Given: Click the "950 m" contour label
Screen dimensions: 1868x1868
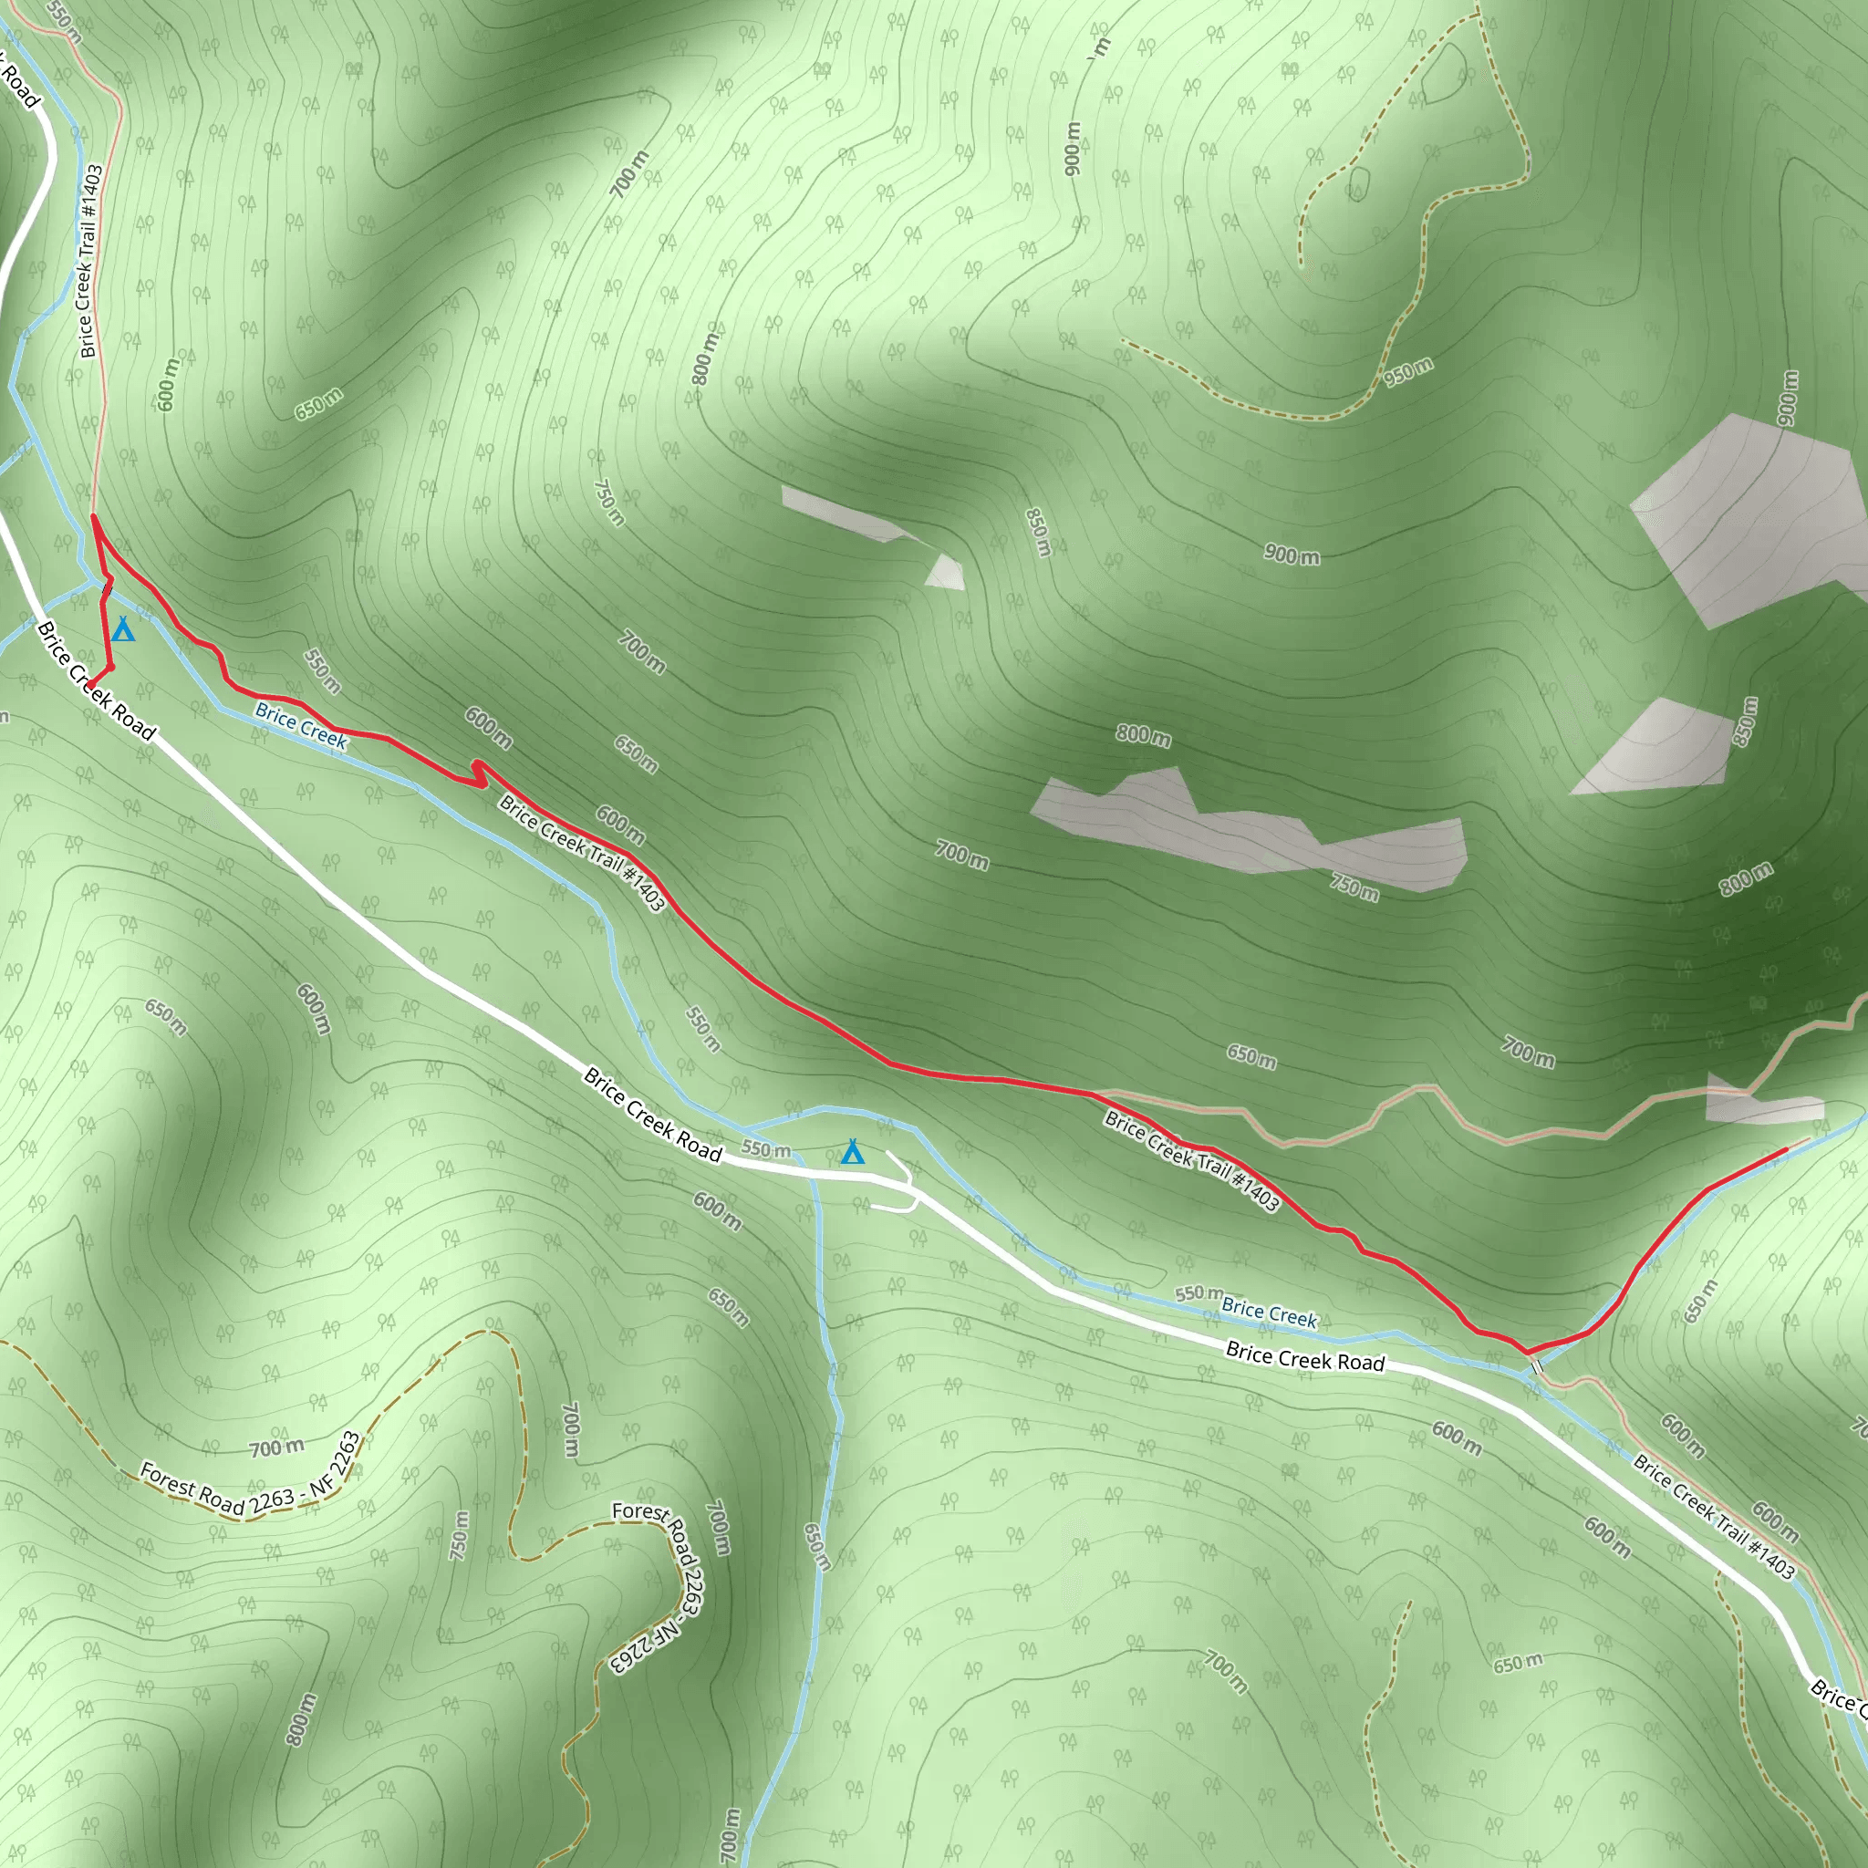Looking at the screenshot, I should pyautogui.click(x=1407, y=371).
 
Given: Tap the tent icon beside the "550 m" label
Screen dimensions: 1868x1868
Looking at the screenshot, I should pyautogui.click(x=852, y=1153).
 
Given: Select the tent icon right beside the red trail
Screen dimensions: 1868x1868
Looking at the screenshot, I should pyautogui.click(x=123, y=630).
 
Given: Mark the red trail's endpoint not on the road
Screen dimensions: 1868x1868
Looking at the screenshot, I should pyautogui.click(x=1785, y=1149).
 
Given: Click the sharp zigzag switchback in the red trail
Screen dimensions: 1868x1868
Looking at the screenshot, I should pyautogui.click(x=477, y=773).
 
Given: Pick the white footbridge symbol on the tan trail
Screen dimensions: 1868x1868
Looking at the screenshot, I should pyautogui.click(x=1536, y=1366).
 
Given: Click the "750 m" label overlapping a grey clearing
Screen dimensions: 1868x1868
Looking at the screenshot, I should pyautogui.click(x=1354, y=886).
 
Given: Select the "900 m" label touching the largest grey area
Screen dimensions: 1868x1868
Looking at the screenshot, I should pyautogui.click(x=1789, y=398).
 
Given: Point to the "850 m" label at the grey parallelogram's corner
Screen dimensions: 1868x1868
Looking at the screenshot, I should pyautogui.click(x=1745, y=721).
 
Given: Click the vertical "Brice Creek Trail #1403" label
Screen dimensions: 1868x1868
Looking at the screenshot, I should pyautogui.click(x=90, y=261).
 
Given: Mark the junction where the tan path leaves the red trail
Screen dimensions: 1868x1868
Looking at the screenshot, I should pyautogui.click(x=1095, y=1094).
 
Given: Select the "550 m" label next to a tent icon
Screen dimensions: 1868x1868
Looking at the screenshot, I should pyautogui.click(x=766, y=1149).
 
